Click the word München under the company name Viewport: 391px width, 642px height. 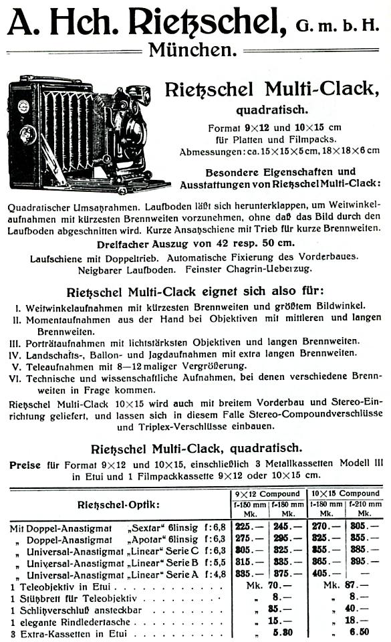[192, 49]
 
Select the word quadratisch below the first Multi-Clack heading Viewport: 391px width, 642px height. [271, 109]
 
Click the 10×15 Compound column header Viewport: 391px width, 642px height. [346, 494]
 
